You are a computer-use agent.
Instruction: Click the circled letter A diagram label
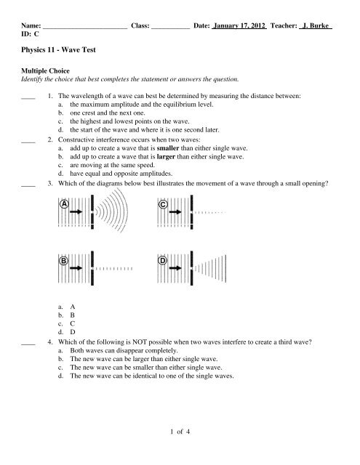65,206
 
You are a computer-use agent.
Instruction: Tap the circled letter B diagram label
65,261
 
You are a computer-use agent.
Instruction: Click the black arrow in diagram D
176,270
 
